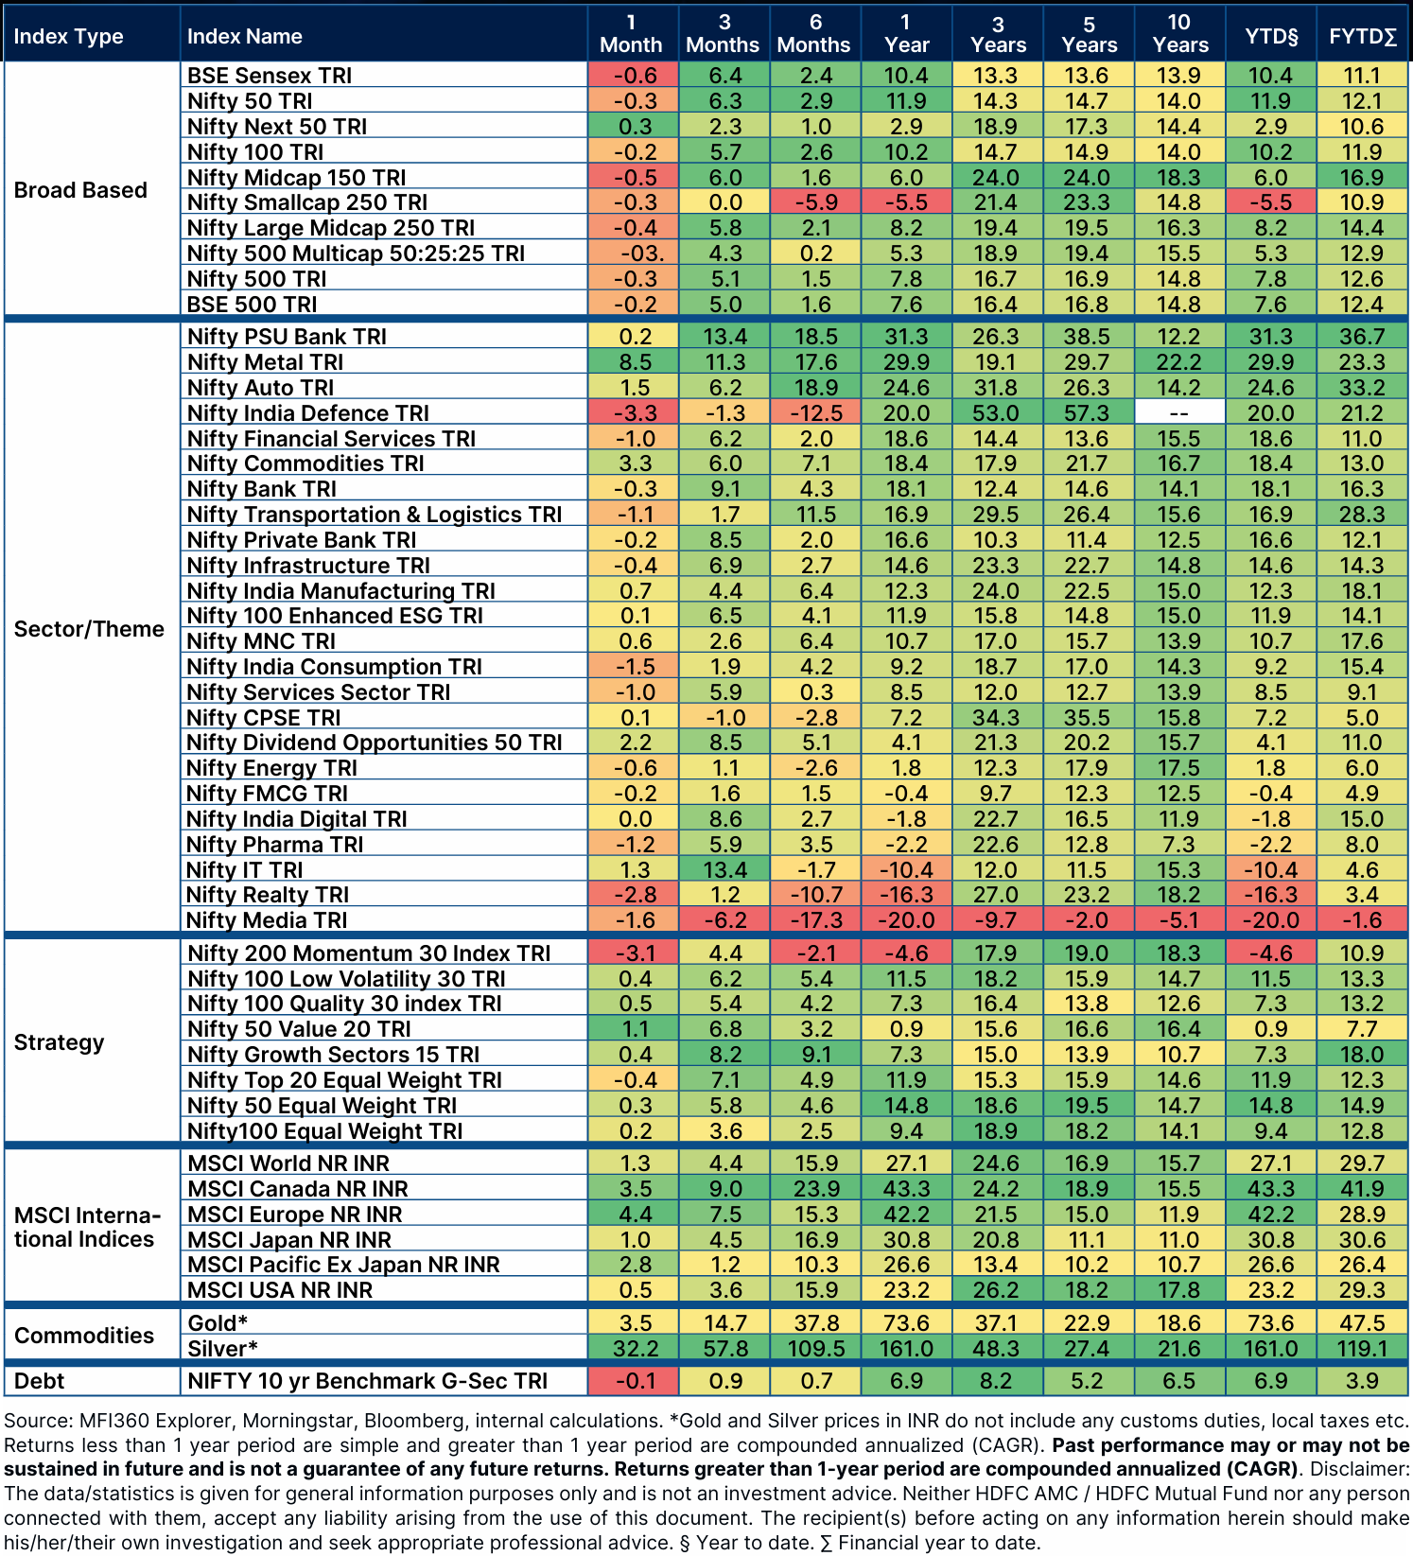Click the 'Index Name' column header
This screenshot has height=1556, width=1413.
[244, 36]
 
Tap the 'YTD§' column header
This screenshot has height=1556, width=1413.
[1271, 36]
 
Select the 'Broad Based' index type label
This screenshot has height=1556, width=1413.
[80, 190]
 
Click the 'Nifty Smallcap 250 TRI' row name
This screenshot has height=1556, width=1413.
[306, 202]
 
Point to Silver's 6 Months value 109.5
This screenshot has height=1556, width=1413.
[815, 1348]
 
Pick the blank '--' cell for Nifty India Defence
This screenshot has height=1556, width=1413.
[1179, 413]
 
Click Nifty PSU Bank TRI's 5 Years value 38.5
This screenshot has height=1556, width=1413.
[1088, 337]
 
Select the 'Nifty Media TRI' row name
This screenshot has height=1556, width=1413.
[267, 920]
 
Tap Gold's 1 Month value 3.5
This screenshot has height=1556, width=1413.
[633, 1323]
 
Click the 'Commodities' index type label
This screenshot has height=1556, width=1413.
[83, 1336]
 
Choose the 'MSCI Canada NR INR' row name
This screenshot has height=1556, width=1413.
[297, 1189]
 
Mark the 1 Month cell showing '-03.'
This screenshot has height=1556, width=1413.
[633, 254]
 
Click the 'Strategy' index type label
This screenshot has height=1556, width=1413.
[59, 1042]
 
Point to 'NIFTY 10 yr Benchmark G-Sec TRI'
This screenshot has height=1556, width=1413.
[367, 1381]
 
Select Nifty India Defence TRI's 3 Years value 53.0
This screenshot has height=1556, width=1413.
[997, 413]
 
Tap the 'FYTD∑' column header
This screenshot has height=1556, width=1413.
[1362, 36]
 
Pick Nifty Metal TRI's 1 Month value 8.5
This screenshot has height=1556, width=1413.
[633, 362]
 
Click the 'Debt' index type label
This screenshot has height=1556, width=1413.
[39, 1381]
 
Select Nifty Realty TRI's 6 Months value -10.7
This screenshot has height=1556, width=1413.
[815, 895]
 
